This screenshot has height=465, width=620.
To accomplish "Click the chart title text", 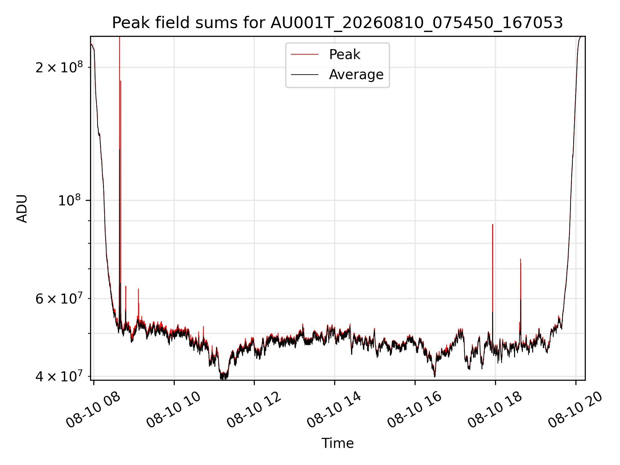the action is coord(337,23).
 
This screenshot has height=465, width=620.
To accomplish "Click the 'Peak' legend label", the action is coord(345,55).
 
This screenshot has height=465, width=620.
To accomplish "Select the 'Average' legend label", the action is coord(356,75).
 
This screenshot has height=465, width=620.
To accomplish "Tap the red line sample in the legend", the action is coord(305,55).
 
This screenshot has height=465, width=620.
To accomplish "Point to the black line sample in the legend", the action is coord(305,75).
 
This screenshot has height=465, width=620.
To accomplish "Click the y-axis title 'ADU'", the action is coord(22,208).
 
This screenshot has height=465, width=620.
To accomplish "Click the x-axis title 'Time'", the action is coord(337,443).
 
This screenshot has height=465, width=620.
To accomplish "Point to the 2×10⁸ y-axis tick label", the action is coord(59,67).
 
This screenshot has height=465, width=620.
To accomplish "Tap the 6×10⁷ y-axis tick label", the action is coord(59,298).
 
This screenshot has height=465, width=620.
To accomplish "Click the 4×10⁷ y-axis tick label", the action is coord(59,376).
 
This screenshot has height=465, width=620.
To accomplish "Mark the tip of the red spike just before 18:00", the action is coord(492,224).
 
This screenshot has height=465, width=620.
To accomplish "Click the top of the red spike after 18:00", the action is coord(521,259).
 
